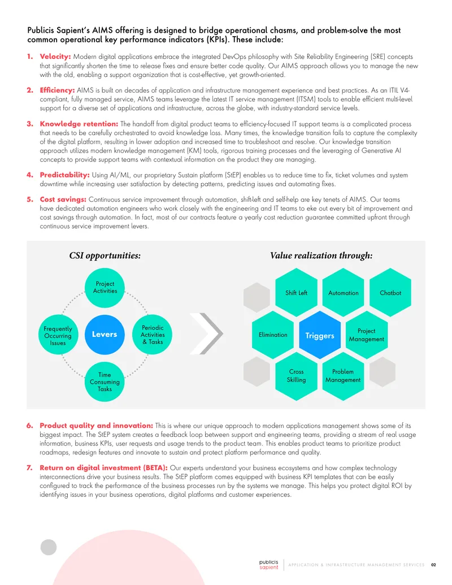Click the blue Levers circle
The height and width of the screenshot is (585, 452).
(105, 334)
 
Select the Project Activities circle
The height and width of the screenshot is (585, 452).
(105, 288)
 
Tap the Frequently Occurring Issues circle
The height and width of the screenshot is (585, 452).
(58, 335)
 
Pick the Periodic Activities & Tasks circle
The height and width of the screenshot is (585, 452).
(152, 335)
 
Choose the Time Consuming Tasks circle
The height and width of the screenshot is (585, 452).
(105, 382)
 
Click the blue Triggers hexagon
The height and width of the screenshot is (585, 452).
(320, 335)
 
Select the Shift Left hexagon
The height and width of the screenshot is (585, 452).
(296, 293)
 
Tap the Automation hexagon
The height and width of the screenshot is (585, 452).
(343, 293)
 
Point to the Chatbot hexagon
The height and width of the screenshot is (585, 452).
(390, 293)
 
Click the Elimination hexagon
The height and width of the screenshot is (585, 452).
(273, 335)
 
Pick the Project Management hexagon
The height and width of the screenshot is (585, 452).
(367, 335)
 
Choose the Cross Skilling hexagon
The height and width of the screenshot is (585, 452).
(296, 376)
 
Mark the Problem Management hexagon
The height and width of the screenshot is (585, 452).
(343, 376)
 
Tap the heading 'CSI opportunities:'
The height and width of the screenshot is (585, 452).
(105, 255)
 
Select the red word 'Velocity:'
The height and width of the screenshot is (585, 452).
(55, 57)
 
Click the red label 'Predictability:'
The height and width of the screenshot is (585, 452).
(64, 175)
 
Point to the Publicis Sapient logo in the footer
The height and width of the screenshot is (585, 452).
(268, 565)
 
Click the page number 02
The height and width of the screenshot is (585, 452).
(433, 565)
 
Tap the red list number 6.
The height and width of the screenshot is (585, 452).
(30, 426)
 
